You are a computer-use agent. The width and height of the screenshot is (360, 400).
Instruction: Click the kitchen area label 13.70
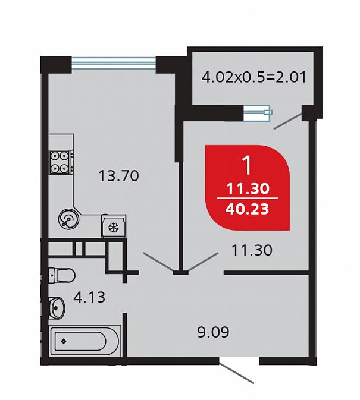pyautogui.click(x=119, y=176)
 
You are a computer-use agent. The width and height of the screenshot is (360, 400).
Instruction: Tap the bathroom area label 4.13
pyautogui.click(x=89, y=297)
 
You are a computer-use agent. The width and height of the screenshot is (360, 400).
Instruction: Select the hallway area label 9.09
pyautogui.click(x=214, y=332)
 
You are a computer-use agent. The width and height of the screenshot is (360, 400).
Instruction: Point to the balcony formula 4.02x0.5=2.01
pyautogui.click(x=253, y=77)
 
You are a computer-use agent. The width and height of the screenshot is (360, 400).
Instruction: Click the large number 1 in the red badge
pyautogui.click(x=248, y=165)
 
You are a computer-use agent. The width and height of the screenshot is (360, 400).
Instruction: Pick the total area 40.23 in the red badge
pyautogui.click(x=247, y=209)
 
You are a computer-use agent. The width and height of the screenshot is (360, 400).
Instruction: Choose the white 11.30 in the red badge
pyautogui.click(x=248, y=189)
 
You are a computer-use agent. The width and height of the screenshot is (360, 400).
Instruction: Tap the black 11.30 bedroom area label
pyautogui.click(x=252, y=250)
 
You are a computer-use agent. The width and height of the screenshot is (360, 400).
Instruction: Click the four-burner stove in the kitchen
pyautogui.click(x=61, y=162)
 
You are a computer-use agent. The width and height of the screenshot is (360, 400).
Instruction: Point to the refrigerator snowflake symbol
pyautogui.click(x=112, y=228)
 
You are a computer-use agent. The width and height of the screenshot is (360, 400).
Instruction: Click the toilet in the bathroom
pyautogui.click(x=62, y=275)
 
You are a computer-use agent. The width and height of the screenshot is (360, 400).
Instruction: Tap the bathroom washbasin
pyautogui.click(x=57, y=308)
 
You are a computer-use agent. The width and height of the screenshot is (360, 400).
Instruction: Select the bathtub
pyautogui.click(x=84, y=341)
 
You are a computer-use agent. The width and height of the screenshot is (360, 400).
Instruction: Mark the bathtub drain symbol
pyautogui.click(x=64, y=341)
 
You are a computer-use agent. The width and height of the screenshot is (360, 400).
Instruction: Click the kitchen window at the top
pyautogui.click(x=114, y=63)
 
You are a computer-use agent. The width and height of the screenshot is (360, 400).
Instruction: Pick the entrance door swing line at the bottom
pyautogui.click(x=236, y=374)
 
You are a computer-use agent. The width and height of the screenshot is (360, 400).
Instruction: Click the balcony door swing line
pyautogui.click(x=288, y=121)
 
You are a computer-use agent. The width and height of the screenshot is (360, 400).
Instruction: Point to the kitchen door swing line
pyautogui.click(x=158, y=262)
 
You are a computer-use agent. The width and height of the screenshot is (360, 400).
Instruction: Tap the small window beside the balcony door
pyautogui.click(x=258, y=112)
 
